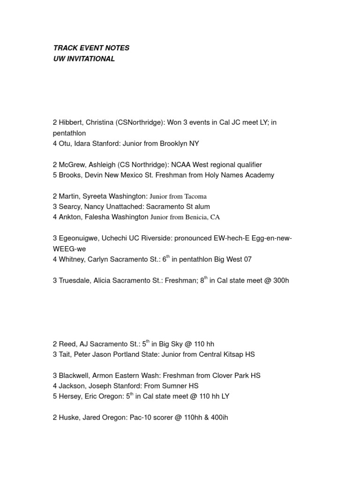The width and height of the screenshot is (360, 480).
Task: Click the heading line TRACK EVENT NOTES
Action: point(91,48)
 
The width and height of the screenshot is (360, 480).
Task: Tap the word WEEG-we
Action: point(69,249)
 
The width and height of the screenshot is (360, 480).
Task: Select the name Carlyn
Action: point(102,259)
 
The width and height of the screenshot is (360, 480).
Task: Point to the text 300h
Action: point(280,281)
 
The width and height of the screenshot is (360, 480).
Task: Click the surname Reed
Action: point(67,344)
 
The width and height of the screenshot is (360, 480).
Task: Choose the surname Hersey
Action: point(70,396)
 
